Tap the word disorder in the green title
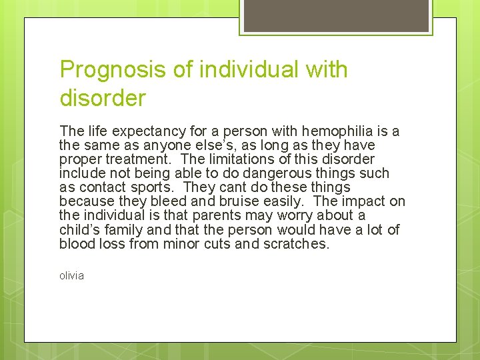pyautogui.click(x=102, y=99)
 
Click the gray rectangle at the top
pyautogui.click(x=335, y=17)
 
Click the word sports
pyautogui.click(x=159, y=187)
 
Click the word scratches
pyautogui.click(x=297, y=243)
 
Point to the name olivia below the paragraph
pyautogui.click(x=71, y=275)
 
